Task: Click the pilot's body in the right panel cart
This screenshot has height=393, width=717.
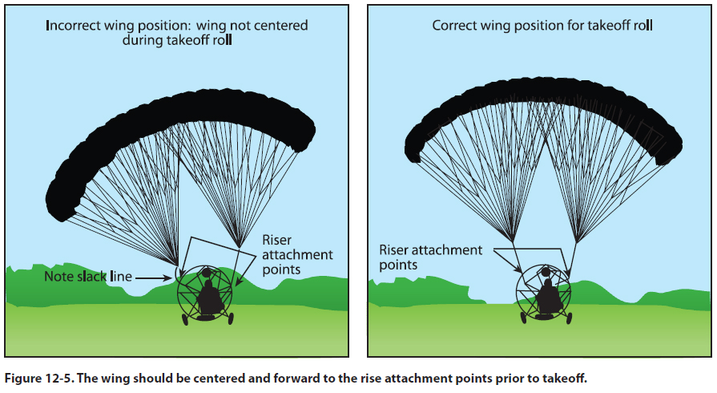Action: point(549,298)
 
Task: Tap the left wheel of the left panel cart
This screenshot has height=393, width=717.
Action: point(186,319)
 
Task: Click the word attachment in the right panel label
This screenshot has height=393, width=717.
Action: point(443,250)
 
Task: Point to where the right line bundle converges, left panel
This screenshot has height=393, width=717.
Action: point(238,244)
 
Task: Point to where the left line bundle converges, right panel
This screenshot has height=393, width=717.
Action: point(512,238)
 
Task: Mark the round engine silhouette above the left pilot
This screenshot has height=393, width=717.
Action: point(207,273)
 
